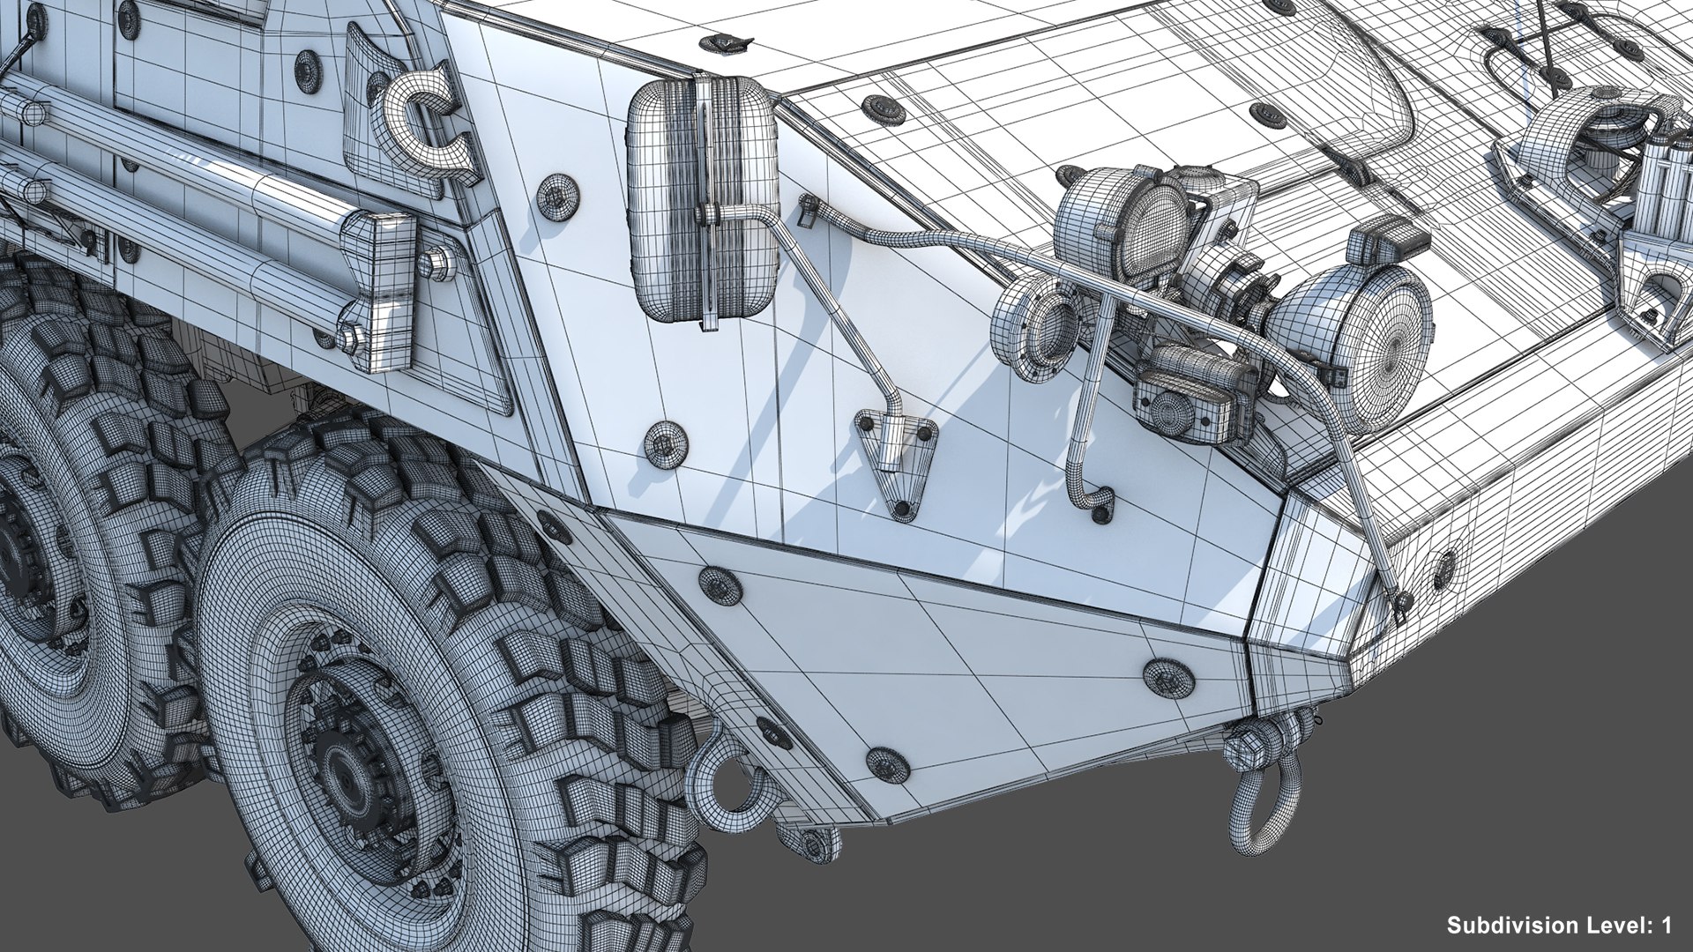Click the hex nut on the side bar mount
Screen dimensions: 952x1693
pyautogui.click(x=436, y=264)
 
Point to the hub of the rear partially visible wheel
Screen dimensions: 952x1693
pyautogui.click(x=13, y=564)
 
